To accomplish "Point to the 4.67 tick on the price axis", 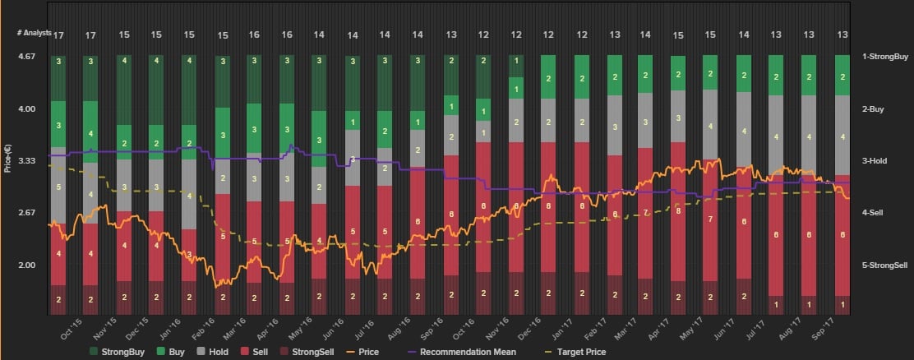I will coord(27,57).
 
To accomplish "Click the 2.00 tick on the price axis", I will coord(27,265).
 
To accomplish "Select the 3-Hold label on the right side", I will coord(877,161).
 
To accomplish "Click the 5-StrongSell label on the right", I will coord(884,265).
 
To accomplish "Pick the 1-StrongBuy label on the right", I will coord(884,57).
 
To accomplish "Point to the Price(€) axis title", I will coord(7,156).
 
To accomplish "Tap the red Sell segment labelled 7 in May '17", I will coord(710,220).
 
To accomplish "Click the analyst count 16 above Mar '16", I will coord(254,35).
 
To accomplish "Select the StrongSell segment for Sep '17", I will coord(842,304).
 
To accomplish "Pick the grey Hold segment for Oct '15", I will coord(58,187).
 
